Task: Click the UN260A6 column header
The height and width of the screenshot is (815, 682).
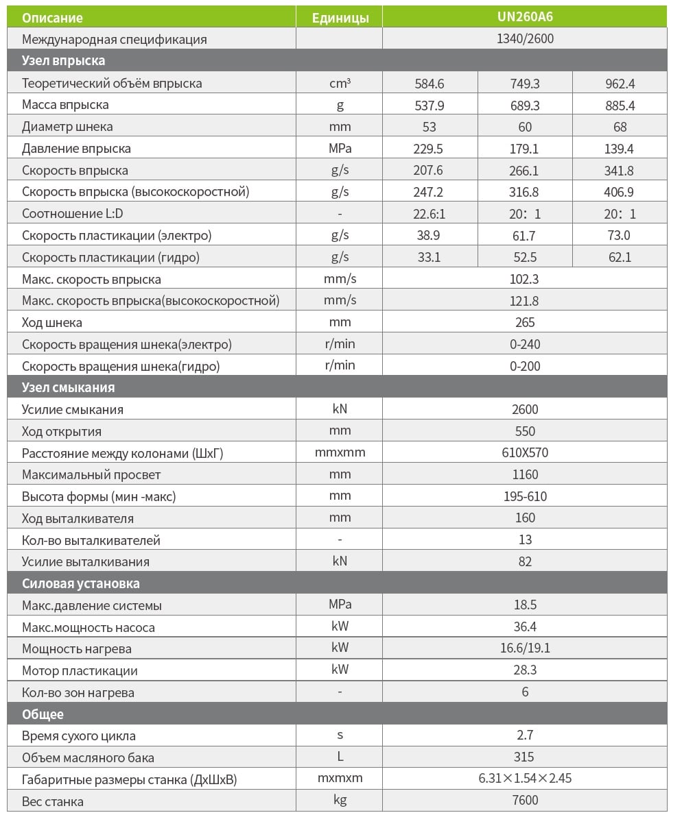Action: tap(524, 16)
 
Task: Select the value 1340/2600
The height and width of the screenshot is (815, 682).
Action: tap(524, 39)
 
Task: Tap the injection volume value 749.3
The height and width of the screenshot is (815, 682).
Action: tap(525, 84)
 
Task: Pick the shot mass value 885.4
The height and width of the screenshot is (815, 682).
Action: tap(620, 106)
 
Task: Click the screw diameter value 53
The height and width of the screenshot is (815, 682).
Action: tap(430, 127)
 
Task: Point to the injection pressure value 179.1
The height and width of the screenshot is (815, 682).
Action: tap(525, 149)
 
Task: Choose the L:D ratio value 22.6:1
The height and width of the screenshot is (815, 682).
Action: tap(430, 214)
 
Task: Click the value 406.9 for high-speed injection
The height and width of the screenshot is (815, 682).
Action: tap(620, 192)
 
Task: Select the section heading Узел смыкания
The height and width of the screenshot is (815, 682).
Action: tap(69, 387)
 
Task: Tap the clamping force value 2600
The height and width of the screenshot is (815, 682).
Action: tap(525, 409)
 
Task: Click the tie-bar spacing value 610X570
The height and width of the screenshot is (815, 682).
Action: tap(525, 452)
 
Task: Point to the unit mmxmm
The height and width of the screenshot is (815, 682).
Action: tap(340, 452)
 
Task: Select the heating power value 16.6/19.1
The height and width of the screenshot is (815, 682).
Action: tap(525, 648)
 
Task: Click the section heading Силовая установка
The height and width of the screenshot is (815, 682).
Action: tap(81, 583)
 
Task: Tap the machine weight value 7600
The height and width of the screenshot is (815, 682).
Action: tap(525, 801)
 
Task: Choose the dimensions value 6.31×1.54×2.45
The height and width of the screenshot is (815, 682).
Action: tap(525, 779)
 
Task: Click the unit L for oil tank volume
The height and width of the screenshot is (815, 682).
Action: tap(340, 757)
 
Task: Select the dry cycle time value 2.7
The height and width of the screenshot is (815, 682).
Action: tap(525, 735)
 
